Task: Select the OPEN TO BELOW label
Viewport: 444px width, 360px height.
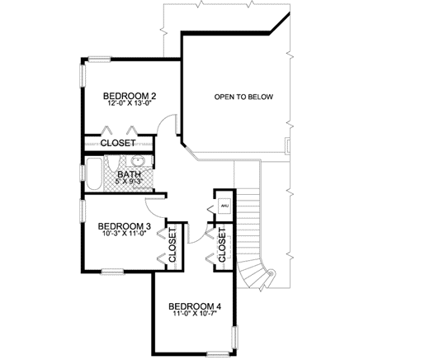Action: click(x=243, y=97)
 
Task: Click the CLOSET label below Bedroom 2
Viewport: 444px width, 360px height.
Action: click(x=118, y=144)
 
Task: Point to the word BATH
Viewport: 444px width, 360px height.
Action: click(x=129, y=174)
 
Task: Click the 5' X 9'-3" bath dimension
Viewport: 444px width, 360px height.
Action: click(x=129, y=182)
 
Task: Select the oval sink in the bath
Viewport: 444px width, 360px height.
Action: click(x=139, y=161)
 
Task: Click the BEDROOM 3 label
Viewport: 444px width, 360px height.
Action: click(x=123, y=226)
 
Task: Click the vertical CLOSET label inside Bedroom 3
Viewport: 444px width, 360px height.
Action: click(x=173, y=245)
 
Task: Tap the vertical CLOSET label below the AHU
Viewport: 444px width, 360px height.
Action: click(x=223, y=245)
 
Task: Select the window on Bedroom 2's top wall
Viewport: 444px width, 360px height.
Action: click(x=100, y=58)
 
